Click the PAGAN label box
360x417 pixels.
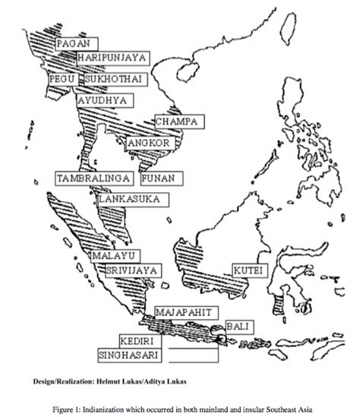pyautogui.click(x=77, y=44)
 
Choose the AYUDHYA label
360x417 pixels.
pyautogui.click(x=102, y=100)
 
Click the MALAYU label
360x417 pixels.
pyautogui.click(x=113, y=255)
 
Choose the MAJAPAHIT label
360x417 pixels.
pyautogui.click(x=187, y=312)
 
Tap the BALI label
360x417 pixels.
pyautogui.click(x=238, y=326)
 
